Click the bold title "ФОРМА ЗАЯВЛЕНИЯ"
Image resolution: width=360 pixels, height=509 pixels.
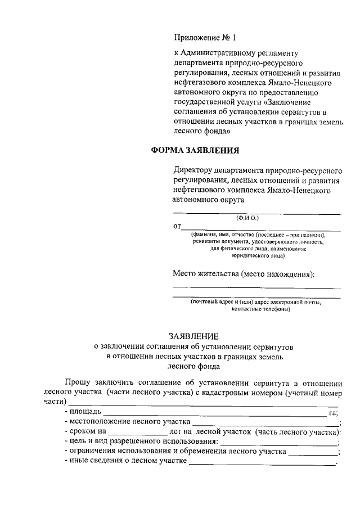pos(195,151)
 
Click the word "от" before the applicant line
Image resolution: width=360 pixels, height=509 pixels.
pos(177,226)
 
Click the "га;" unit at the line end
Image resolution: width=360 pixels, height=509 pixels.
pos(332,413)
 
